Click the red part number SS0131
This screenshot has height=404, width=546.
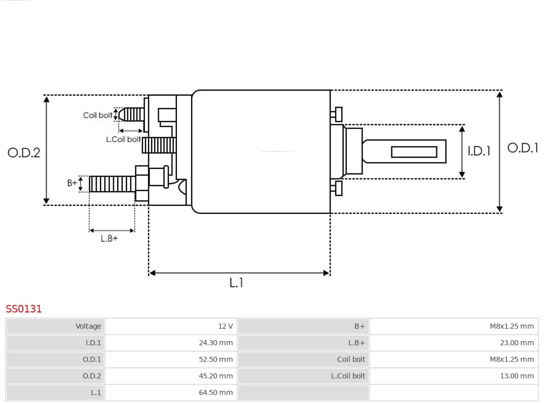point(24,309)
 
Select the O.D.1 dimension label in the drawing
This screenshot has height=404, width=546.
point(523,148)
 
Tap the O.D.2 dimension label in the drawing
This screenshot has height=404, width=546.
point(24,152)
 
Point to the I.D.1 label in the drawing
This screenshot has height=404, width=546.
point(478,151)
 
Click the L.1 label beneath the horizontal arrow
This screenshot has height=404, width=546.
point(237,283)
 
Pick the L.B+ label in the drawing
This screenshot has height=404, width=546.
point(109,239)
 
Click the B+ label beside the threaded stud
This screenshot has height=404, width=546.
point(72,183)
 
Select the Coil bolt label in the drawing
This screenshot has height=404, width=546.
point(98,115)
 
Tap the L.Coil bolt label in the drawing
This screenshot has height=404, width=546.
point(123,139)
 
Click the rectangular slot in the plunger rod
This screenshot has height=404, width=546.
point(414,152)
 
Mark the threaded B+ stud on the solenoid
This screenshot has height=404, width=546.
point(112,184)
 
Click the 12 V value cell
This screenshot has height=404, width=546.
point(171,326)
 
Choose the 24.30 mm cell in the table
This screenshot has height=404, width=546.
point(171,343)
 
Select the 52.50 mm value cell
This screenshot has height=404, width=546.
point(171,360)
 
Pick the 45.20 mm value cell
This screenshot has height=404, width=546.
point(171,376)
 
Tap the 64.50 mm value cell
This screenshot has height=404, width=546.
point(171,392)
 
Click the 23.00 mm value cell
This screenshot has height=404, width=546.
point(453,343)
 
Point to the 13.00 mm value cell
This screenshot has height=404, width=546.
point(453,376)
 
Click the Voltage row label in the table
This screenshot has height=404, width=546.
point(56,326)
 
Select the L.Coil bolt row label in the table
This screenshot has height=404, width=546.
point(303,376)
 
